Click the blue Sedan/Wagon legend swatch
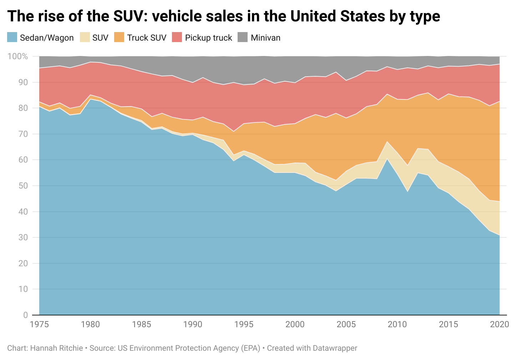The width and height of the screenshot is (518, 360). (12, 37)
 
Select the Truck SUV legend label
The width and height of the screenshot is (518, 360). (147, 38)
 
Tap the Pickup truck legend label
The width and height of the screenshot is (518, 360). (208, 38)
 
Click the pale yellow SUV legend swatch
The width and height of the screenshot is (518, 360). (84, 37)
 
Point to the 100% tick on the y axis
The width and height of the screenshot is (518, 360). (17, 56)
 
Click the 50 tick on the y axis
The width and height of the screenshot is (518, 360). (23, 186)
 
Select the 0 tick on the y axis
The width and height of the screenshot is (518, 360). (25, 315)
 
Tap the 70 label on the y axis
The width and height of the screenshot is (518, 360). (23, 134)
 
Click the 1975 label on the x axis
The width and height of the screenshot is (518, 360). (39, 324)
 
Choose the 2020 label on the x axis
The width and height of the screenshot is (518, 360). (499, 324)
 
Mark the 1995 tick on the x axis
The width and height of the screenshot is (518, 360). (244, 324)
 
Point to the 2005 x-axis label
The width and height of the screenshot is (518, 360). (346, 324)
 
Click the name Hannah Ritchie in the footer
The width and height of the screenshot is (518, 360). (56, 348)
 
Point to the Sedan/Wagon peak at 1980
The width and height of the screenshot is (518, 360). (90, 99)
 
